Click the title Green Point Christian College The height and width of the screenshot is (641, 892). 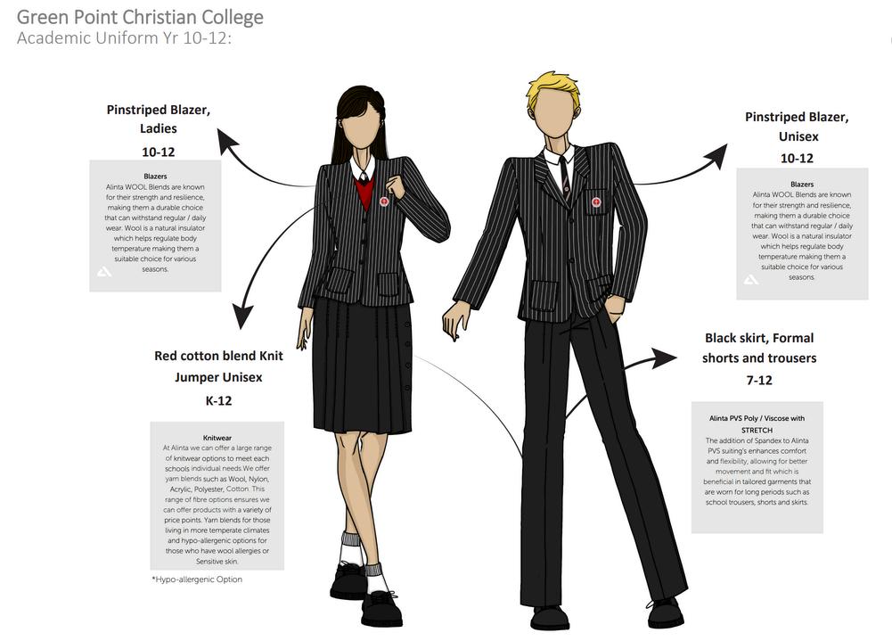[x=140, y=16]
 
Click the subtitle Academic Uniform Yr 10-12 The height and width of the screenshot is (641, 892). [x=124, y=37]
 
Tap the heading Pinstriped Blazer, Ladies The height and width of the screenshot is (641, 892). [x=159, y=119]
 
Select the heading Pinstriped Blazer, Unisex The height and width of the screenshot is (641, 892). [x=797, y=127]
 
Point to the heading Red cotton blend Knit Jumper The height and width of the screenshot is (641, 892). [x=218, y=366]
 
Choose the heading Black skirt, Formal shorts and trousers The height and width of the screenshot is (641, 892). [x=758, y=348]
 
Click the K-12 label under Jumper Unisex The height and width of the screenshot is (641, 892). [x=218, y=400]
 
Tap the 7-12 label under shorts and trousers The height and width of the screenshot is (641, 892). [x=758, y=380]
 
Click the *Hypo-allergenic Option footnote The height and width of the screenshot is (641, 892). [x=197, y=579]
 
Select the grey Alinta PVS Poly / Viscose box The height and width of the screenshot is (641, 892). [x=757, y=467]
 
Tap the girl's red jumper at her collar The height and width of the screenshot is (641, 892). [x=364, y=192]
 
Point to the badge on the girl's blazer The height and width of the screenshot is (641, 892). [x=384, y=201]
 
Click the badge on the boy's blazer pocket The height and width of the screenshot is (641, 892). [x=595, y=202]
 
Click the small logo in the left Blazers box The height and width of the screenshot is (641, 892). [x=103, y=271]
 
